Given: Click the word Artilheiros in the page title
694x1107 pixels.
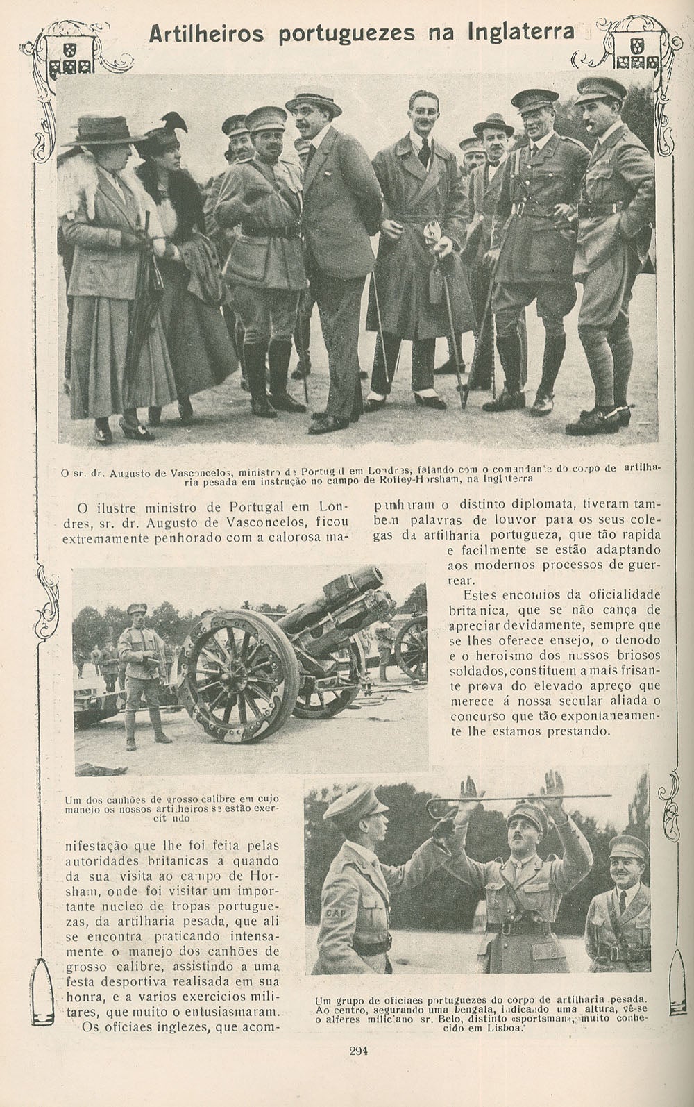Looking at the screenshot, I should click(x=206, y=33).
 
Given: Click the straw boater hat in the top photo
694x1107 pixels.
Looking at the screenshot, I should click(x=314, y=101).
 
